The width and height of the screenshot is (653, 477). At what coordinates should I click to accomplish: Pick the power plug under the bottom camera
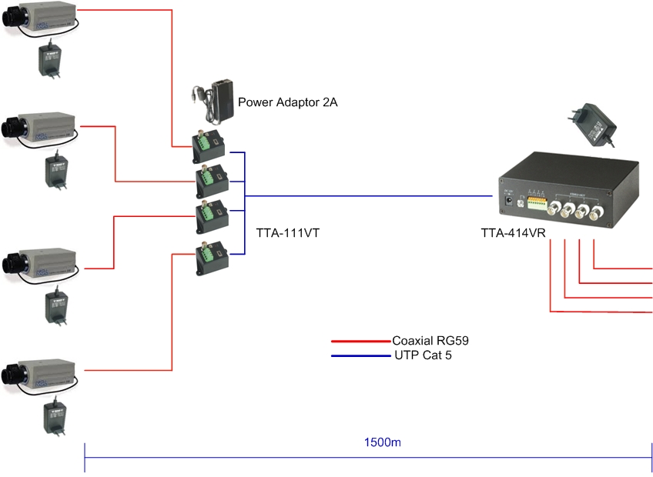(x=54, y=415)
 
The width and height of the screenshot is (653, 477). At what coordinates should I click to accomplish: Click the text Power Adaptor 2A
(x=288, y=102)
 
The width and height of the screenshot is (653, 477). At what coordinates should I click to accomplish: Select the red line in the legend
(x=360, y=341)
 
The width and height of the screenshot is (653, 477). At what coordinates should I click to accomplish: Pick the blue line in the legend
(x=360, y=356)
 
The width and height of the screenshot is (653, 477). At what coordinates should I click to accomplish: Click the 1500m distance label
(x=383, y=443)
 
